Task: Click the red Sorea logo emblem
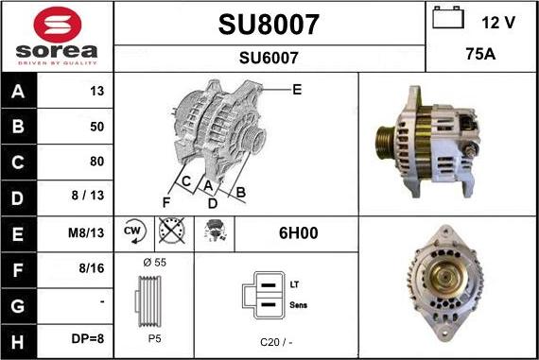(x=58, y=25)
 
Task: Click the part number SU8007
(x=269, y=25)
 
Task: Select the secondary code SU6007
(x=269, y=58)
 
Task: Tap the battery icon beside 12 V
(x=448, y=18)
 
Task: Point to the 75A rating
(x=480, y=54)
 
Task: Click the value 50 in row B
(x=97, y=127)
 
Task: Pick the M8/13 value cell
(x=86, y=232)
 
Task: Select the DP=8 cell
(x=88, y=338)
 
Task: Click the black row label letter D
(x=18, y=198)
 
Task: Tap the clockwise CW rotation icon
(x=134, y=231)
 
